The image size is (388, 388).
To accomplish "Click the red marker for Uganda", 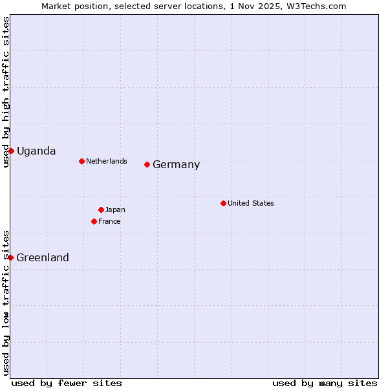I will pyautogui.click(x=11, y=151).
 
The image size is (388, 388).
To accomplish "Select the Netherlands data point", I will pyautogui.click(x=81, y=161).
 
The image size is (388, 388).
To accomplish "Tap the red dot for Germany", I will pyautogui.click(x=147, y=164).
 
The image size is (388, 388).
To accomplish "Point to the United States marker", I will pyautogui.click(x=223, y=203).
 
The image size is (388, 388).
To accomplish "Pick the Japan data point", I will pyautogui.click(x=101, y=210).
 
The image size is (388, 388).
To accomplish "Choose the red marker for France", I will pyautogui.click(x=94, y=221).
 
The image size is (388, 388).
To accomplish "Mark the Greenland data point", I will pyautogui.click(x=10, y=257).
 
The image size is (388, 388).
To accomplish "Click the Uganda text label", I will pyautogui.click(x=36, y=151).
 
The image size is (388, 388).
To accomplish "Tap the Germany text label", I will pyautogui.click(x=176, y=165).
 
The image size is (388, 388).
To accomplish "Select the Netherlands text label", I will pyautogui.click(x=107, y=161).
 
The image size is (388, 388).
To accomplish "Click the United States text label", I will pyautogui.click(x=251, y=203).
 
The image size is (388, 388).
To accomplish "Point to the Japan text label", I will pyautogui.click(x=115, y=210).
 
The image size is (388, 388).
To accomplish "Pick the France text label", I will pyautogui.click(x=109, y=221).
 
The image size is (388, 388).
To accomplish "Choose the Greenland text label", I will pyautogui.click(x=43, y=258).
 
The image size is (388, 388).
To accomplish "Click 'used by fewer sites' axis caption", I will pyautogui.click(x=67, y=383).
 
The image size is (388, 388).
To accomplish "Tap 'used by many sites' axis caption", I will pyautogui.click(x=325, y=383).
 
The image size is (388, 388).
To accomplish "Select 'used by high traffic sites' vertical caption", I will pyautogui.click(x=6, y=92).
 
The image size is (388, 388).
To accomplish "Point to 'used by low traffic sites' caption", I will pyautogui.click(x=6, y=302).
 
